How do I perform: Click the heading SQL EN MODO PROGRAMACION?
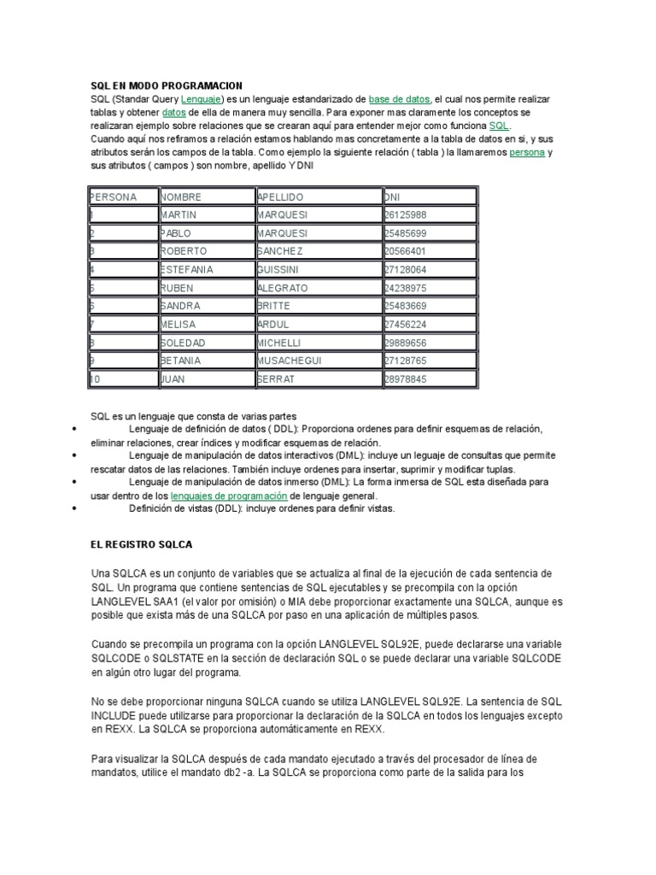click(167, 85)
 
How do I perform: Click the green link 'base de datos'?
click(400, 99)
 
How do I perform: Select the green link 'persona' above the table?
click(527, 152)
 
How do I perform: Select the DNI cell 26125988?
click(406, 215)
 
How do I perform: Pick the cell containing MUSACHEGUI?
click(291, 360)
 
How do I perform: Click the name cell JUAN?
click(173, 378)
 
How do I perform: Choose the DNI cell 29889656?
click(406, 342)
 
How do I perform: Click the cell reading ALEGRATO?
click(284, 287)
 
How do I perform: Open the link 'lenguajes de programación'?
click(229, 495)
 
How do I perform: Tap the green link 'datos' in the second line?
click(173, 112)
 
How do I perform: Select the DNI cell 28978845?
click(406, 378)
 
